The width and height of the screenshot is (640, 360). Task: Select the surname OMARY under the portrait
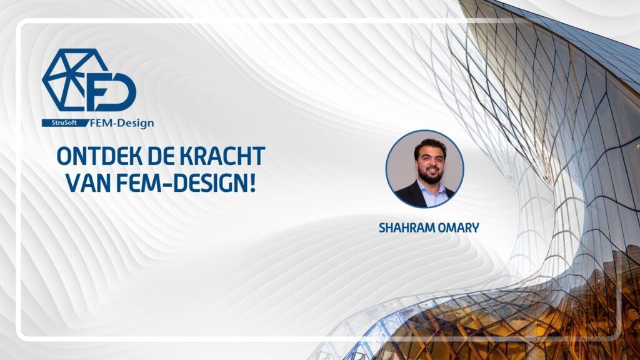pos(460,227)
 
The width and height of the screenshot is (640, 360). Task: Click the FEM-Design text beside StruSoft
pos(122,123)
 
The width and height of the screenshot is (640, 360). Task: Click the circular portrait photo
pos(425,169)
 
